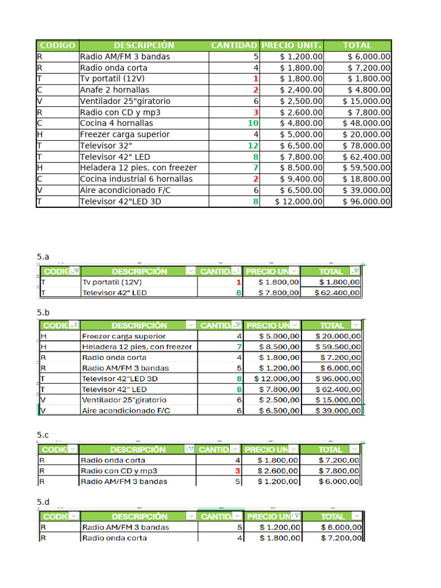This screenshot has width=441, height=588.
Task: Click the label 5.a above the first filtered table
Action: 43,257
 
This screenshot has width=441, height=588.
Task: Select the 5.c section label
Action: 43,435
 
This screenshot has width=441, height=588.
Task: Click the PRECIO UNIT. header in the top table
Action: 292,45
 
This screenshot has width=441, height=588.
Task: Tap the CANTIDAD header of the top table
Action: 234,45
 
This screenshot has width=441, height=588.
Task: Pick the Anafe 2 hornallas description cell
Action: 114,90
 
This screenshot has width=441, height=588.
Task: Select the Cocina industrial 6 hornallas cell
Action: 136,179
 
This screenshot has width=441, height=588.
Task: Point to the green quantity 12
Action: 254,146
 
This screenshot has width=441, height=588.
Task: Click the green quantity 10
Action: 253,123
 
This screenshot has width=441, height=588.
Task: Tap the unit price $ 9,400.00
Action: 301,179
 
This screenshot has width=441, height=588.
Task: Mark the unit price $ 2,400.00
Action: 301,90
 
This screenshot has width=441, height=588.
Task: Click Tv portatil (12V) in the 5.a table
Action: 112,282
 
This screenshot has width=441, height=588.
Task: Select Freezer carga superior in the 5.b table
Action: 124,336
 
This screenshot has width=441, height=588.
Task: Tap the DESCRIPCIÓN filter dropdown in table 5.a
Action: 190,272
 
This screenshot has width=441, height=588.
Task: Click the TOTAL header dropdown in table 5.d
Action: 357,516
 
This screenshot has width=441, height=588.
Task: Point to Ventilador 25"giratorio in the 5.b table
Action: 124,400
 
